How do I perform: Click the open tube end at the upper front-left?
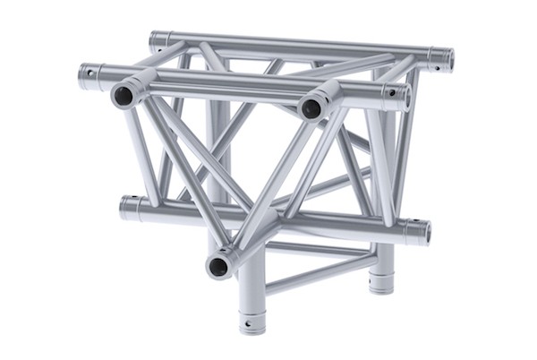click(123, 96)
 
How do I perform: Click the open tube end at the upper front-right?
click(311, 108)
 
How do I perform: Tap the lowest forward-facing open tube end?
click(217, 265)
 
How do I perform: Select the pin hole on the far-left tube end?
click(89, 73)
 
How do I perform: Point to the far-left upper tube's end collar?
click(89, 76)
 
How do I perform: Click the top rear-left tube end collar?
click(158, 41)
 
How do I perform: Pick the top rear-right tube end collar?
click(440, 59)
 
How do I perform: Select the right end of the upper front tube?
click(396, 96)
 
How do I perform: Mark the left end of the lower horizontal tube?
click(131, 209)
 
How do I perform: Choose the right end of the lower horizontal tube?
click(417, 232)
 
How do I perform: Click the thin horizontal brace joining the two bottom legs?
click(318, 274)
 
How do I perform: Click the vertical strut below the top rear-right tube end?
click(407, 143)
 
